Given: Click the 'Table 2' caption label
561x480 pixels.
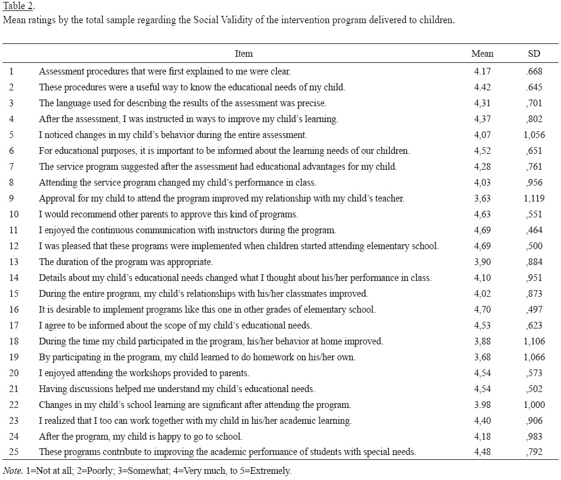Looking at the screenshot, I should (x=19, y=7).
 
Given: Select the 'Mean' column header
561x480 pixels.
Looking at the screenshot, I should (x=482, y=54).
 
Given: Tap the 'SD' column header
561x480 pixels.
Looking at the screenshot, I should (x=534, y=54).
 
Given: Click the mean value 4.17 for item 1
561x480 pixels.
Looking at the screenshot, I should (x=482, y=71).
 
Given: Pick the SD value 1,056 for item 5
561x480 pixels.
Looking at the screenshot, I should (x=534, y=135).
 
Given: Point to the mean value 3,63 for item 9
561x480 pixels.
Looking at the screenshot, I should (x=482, y=198).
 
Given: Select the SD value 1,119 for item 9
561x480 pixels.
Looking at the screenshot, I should (x=534, y=198).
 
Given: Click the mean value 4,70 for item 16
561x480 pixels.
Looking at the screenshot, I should (x=482, y=310).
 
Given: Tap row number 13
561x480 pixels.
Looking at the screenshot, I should (x=13, y=262).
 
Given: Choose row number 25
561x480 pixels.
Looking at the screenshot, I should (x=13, y=453).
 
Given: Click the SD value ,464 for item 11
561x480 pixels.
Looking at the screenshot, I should (x=534, y=230).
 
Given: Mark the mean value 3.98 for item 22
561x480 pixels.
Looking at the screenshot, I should (x=482, y=405).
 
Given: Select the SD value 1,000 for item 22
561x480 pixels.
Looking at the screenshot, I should (x=534, y=405).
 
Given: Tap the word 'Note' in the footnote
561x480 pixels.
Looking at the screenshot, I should (x=12, y=471).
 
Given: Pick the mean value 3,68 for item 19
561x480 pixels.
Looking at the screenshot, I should (x=482, y=357).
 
